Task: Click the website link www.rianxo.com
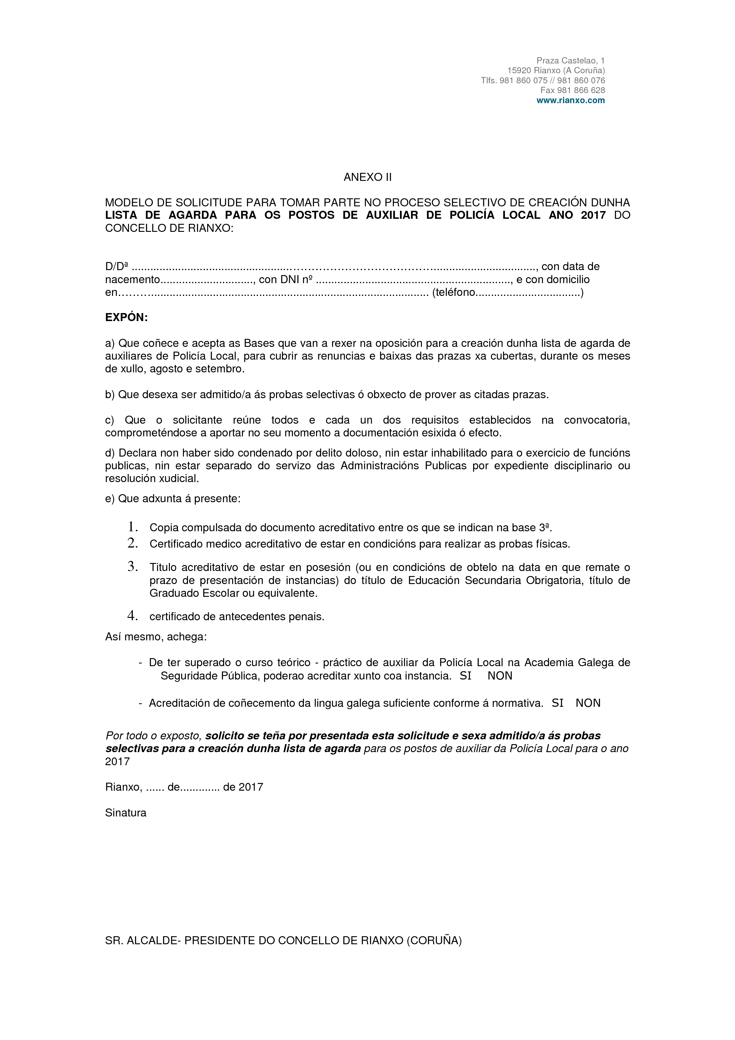(x=571, y=101)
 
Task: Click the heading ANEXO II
(x=367, y=177)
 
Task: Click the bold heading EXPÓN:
(x=126, y=318)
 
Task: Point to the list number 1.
(x=133, y=527)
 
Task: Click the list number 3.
(x=133, y=566)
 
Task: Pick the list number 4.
(x=133, y=615)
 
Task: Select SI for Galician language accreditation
(x=557, y=703)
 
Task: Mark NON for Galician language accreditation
(x=588, y=703)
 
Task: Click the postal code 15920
(x=519, y=71)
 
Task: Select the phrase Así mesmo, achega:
(x=156, y=637)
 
